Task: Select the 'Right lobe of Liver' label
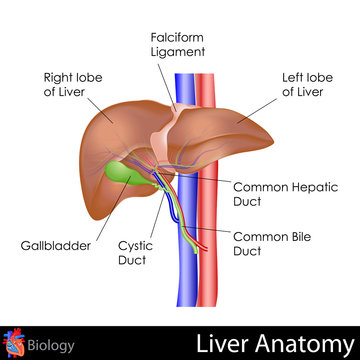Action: (71, 83)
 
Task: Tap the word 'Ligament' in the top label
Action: (179, 50)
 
